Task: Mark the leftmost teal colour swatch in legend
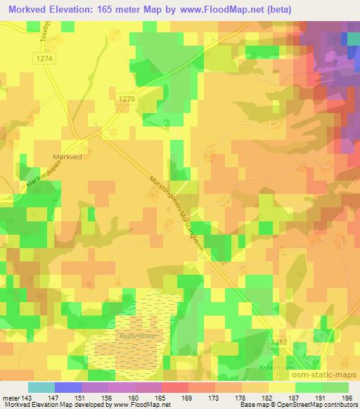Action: pos(41,388)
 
